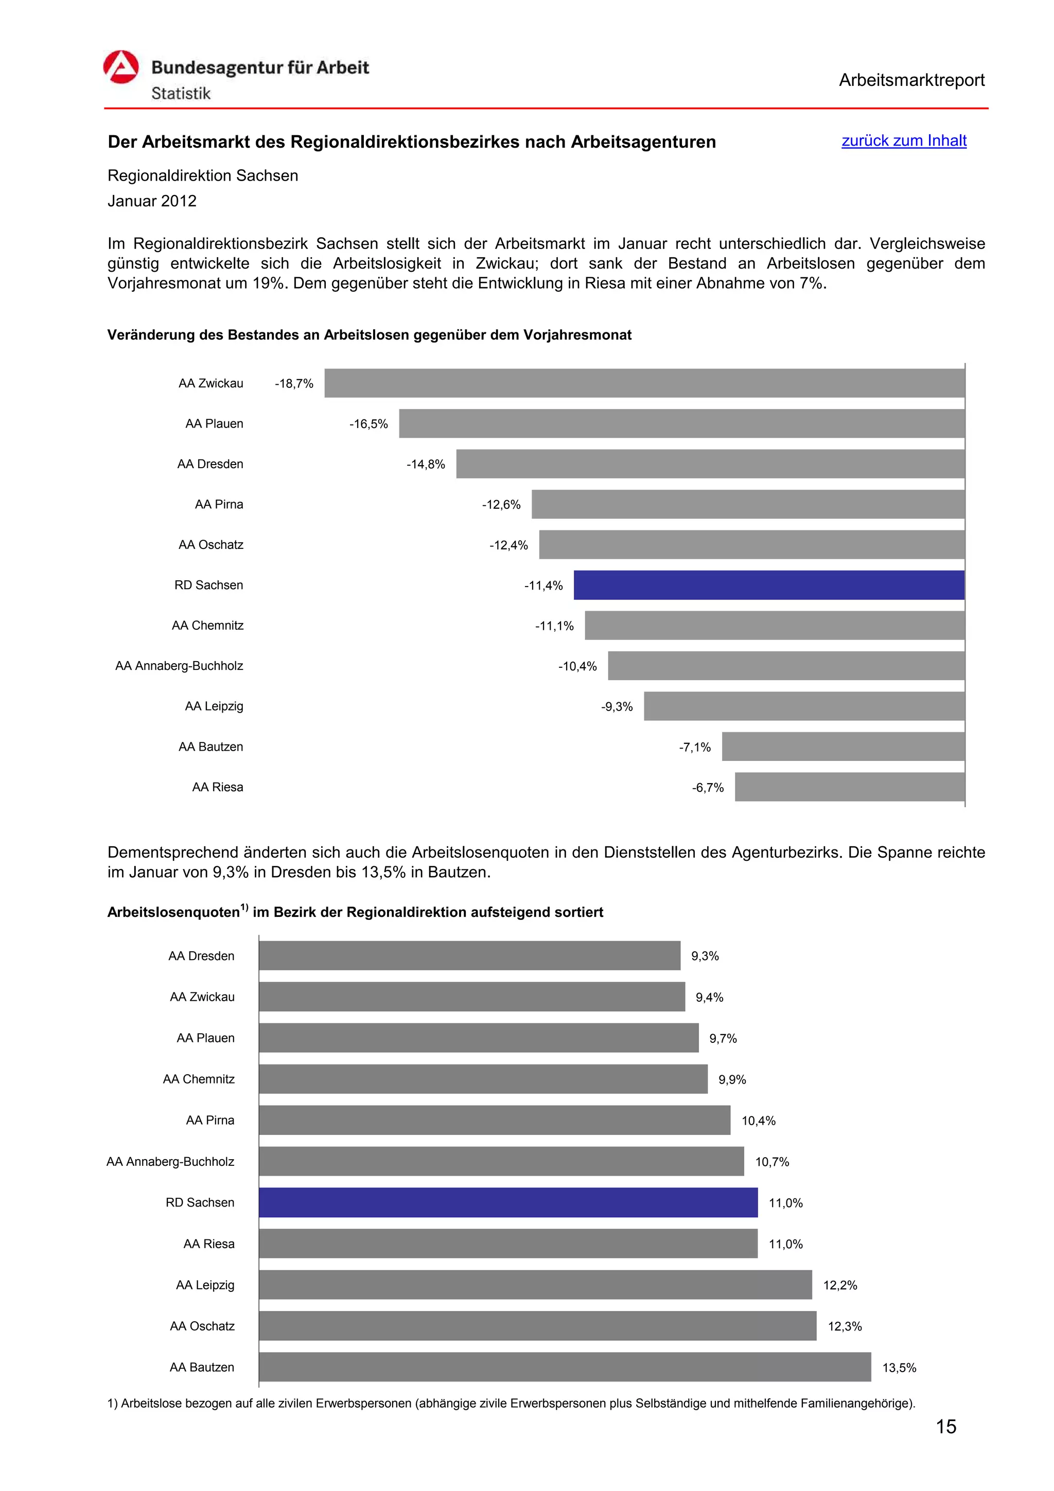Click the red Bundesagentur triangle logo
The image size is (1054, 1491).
click(x=121, y=67)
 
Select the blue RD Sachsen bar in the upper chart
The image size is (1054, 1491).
click(x=769, y=585)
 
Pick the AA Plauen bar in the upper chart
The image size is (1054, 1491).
click(x=682, y=423)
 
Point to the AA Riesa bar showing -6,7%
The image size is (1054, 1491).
click(x=850, y=787)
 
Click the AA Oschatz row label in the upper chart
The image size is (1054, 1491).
click(x=211, y=545)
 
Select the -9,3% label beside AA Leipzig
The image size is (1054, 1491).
click(x=617, y=706)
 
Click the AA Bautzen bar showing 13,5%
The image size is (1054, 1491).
click(x=565, y=1367)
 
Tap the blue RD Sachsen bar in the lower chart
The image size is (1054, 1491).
click(x=508, y=1203)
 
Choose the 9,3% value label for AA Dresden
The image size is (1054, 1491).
click(x=705, y=956)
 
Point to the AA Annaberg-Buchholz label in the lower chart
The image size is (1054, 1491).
click(x=170, y=1162)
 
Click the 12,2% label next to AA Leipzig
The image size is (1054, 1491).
click(x=840, y=1285)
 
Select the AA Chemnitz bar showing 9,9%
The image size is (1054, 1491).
click(x=483, y=1079)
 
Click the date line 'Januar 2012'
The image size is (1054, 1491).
click(x=152, y=201)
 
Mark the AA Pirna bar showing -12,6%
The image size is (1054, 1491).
click(x=748, y=505)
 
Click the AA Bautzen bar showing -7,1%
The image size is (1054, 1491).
click(x=843, y=747)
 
